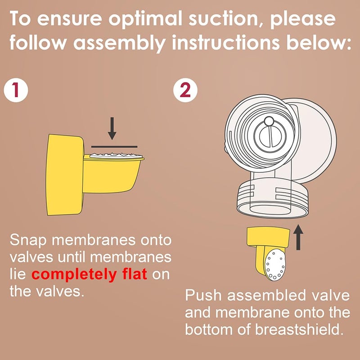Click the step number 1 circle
(16, 90)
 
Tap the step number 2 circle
(185, 90)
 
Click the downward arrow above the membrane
(112, 128)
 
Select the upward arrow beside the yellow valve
(298, 237)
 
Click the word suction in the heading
(224, 18)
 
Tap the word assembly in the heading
(119, 44)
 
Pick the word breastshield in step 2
(299, 329)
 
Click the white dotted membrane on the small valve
(275, 265)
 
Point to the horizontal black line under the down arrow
(114, 147)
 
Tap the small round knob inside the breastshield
(269, 121)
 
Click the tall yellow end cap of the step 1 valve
(65, 175)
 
